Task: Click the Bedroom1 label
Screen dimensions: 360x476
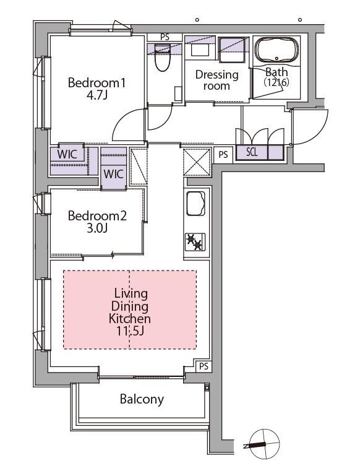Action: pos(96,82)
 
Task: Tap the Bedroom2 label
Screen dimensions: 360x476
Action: pos(97,216)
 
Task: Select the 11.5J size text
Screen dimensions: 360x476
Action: pos(130,331)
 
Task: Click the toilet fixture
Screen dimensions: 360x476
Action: pos(162,58)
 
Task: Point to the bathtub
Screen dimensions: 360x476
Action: pos(276,50)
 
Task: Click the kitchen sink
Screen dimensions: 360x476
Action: pos(195,204)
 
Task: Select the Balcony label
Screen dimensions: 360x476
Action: pos(142,399)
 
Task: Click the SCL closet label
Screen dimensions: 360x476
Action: pos(252,152)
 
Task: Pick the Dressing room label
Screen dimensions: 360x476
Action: pos(216,80)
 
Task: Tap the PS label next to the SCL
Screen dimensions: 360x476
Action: pos(223,155)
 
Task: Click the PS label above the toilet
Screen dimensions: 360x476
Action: pos(165,37)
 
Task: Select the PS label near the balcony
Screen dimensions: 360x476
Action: pos(204,366)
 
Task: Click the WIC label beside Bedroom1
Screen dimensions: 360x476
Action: pos(67,154)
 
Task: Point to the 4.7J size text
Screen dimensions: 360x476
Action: pos(96,95)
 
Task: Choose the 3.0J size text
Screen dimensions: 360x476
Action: pos(97,228)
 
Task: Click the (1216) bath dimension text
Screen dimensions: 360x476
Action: pos(276,82)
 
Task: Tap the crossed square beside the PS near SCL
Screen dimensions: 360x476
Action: pos(197,162)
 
